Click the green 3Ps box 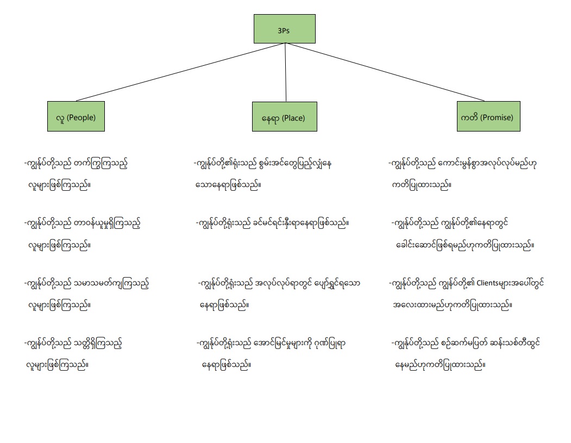284,29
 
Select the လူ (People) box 76,116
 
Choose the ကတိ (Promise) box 488,116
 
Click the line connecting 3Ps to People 179,72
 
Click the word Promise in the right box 497,117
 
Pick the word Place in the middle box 291,118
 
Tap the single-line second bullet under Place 272,223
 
